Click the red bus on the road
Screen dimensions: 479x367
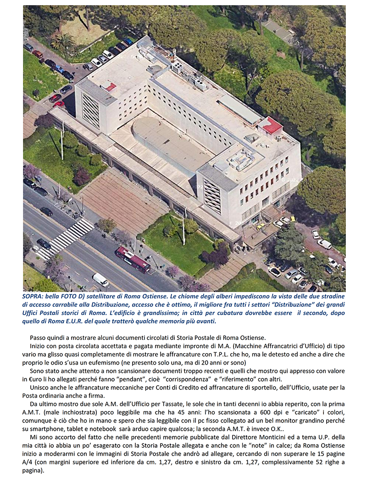click(x=133, y=259)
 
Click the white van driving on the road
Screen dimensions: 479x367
click(x=100, y=279)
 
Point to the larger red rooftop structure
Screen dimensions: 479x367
click(x=270, y=125)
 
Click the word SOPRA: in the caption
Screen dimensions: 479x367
click(x=33, y=297)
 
